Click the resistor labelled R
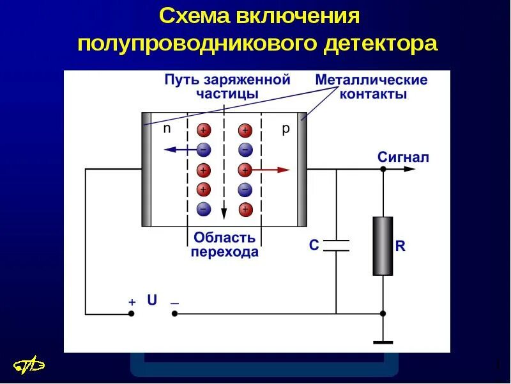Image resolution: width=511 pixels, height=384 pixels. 383,246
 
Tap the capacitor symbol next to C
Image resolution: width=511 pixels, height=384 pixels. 336,245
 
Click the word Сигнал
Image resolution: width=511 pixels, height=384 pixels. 403,157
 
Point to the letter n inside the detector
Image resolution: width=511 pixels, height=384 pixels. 167,128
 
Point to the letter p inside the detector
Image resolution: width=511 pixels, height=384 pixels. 286,129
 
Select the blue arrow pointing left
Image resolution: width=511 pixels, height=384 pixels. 181,150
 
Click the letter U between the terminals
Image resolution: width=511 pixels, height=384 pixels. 152,300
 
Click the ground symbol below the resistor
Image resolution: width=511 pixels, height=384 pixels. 383,342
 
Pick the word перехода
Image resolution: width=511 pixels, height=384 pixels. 225,252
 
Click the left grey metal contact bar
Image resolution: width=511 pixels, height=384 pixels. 146,170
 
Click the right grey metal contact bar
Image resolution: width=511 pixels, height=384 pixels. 302,170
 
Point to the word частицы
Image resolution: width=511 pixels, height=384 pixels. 227,93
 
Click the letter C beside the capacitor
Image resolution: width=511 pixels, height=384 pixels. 314,245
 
